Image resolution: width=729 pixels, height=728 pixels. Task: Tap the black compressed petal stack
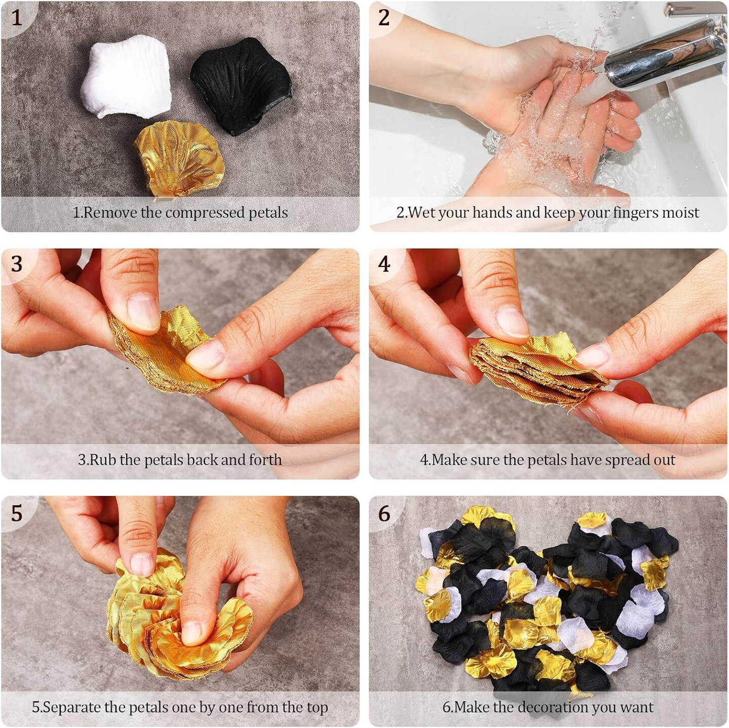[x=241, y=85]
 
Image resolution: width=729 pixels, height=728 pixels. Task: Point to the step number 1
[x=16, y=17]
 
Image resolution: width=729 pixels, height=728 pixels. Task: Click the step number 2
[x=384, y=17]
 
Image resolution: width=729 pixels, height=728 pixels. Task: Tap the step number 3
[x=16, y=264]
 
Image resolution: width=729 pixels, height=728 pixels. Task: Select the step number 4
[x=384, y=264]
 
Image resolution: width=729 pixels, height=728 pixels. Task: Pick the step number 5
[x=16, y=513]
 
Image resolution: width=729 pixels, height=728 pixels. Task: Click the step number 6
[x=384, y=513]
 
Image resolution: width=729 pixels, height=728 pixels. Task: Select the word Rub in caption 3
[x=98, y=459]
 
